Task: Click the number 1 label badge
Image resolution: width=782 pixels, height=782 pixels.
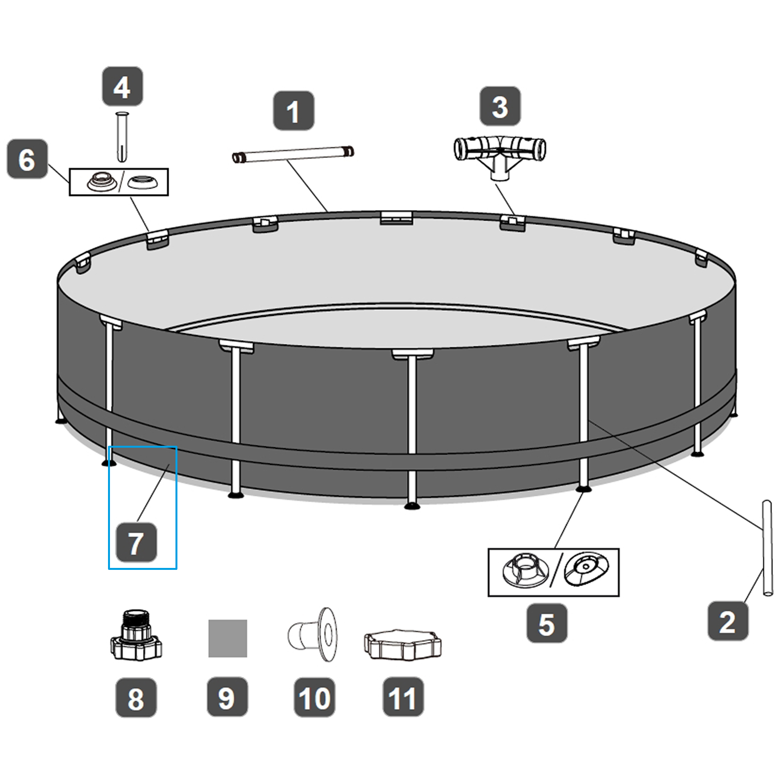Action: pyautogui.click(x=293, y=111)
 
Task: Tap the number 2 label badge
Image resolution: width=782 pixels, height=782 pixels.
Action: pyautogui.click(x=728, y=622)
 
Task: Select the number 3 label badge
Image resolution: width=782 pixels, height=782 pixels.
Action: pyautogui.click(x=500, y=107)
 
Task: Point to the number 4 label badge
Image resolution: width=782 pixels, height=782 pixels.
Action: pyautogui.click(x=122, y=87)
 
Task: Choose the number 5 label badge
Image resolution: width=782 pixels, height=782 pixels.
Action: pyautogui.click(x=546, y=624)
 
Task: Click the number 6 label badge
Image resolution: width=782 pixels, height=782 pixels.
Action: pyautogui.click(x=27, y=159)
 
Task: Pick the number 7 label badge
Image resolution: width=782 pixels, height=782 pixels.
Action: pyautogui.click(x=136, y=543)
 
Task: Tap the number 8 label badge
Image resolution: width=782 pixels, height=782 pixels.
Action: pyautogui.click(x=136, y=698)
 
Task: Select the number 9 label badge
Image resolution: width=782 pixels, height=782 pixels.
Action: pyautogui.click(x=227, y=697)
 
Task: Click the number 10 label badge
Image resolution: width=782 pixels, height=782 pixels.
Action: pyautogui.click(x=314, y=698)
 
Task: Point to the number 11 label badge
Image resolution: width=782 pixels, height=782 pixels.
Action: pyautogui.click(x=403, y=697)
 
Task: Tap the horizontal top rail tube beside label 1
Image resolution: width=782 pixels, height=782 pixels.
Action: pyautogui.click(x=293, y=154)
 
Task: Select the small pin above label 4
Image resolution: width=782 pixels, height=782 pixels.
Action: pyautogui.click(x=122, y=136)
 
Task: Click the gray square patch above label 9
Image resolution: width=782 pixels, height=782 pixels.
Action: pyautogui.click(x=227, y=638)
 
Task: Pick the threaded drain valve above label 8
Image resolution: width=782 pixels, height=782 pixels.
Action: pyautogui.click(x=136, y=635)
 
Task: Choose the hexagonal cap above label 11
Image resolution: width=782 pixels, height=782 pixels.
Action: pyautogui.click(x=402, y=644)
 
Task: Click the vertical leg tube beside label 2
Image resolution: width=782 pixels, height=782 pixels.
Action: pyautogui.click(x=767, y=548)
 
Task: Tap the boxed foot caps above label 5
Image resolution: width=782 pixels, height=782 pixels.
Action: pyautogui.click(x=553, y=572)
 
